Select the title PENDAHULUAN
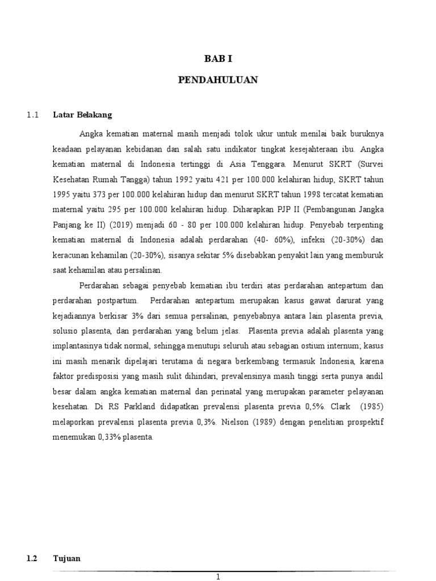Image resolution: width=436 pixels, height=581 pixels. pyautogui.click(x=218, y=81)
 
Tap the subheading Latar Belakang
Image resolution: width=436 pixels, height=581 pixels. pyautogui.click(x=82, y=115)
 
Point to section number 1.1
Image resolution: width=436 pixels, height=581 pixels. pyautogui.click(x=32, y=115)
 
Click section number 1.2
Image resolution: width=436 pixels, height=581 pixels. pyautogui.click(x=32, y=558)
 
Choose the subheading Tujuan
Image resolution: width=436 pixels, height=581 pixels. pyautogui.click(x=67, y=558)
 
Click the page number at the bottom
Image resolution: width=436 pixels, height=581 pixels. pyautogui.click(x=218, y=576)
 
